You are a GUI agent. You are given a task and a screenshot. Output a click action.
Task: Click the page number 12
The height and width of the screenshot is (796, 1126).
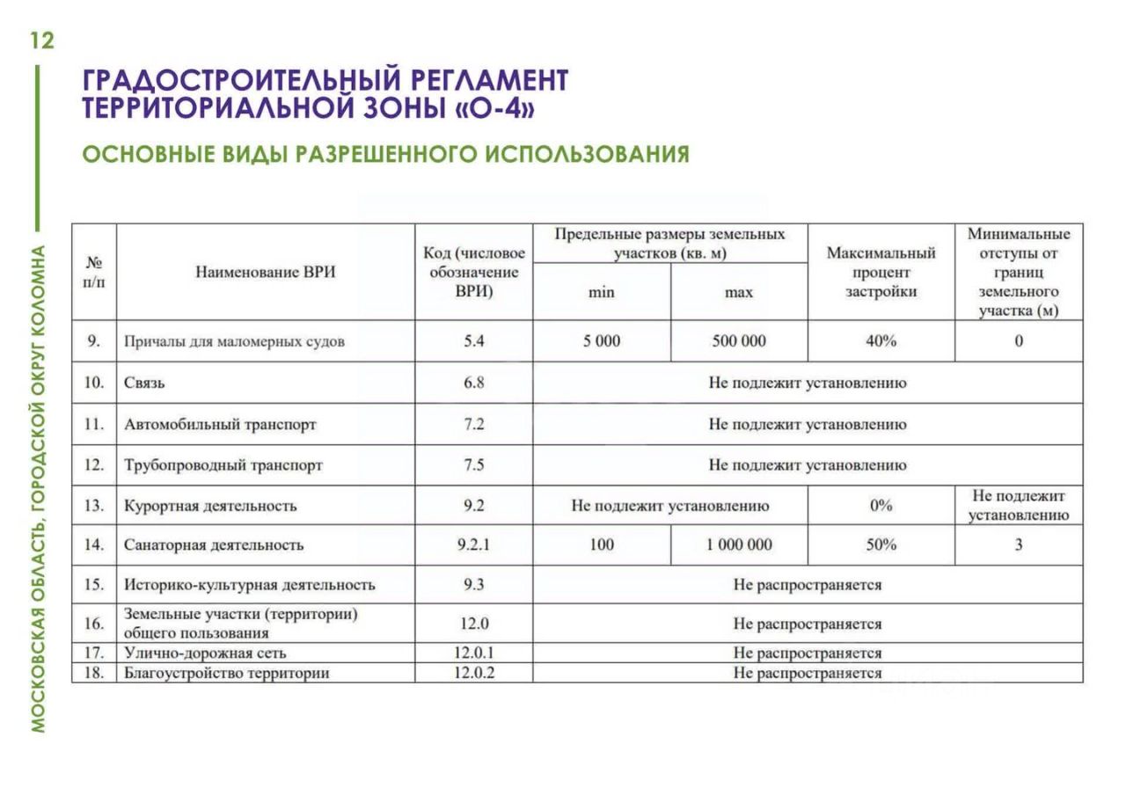[41, 40]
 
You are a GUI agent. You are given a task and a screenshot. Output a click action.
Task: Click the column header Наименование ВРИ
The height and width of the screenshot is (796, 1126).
[265, 273]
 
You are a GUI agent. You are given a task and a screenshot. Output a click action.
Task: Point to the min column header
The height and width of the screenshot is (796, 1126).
[602, 293]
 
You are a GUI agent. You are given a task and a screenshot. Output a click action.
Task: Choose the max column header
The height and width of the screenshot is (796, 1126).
[739, 293]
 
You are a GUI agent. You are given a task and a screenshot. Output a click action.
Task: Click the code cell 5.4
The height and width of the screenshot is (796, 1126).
[474, 341]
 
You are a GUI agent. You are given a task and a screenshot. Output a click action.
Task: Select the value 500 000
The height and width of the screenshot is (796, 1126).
[739, 341]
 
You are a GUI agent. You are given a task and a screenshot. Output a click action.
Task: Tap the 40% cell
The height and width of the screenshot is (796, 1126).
[881, 341]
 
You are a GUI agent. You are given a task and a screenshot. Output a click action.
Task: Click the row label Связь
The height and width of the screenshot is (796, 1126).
[144, 383]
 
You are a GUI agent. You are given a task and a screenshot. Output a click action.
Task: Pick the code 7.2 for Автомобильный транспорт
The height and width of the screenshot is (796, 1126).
[474, 425]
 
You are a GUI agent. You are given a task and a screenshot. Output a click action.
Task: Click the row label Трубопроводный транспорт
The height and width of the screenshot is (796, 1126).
[223, 465]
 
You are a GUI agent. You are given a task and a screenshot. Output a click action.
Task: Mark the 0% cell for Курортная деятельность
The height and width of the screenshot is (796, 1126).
[881, 506]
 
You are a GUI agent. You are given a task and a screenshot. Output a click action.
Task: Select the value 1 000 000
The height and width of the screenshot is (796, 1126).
[739, 545]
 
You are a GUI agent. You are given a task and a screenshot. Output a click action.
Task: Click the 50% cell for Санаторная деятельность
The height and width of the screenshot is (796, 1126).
[881, 545]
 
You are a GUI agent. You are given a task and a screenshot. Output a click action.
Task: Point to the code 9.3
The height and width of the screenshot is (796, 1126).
[474, 585]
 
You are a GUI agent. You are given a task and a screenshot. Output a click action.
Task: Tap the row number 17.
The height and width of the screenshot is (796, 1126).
[94, 654]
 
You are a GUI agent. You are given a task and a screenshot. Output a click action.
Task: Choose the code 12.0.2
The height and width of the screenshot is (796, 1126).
[474, 674]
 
